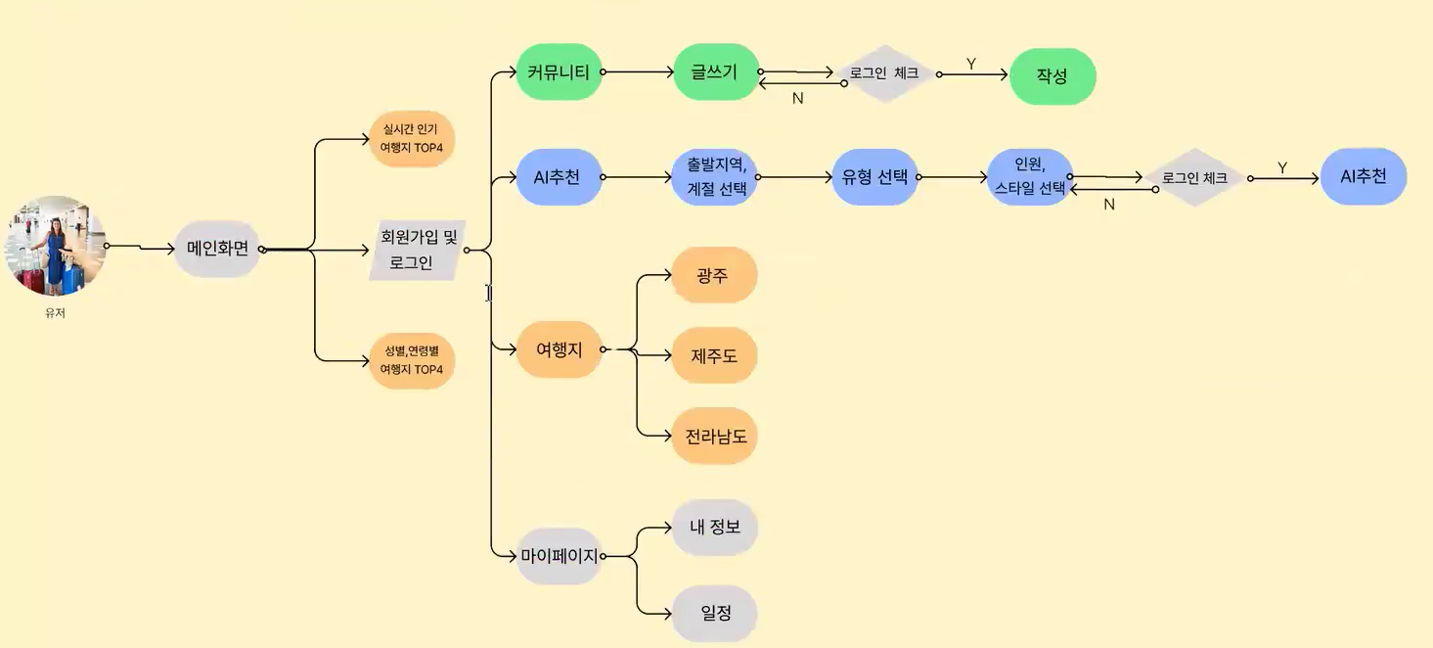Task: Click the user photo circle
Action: (57, 246)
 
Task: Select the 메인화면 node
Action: (217, 249)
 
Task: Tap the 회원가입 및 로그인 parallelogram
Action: (418, 250)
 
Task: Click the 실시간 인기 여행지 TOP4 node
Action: (412, 138)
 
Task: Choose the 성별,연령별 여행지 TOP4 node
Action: (412, 360)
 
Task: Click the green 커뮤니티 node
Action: (559, 71)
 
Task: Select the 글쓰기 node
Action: (716, 71)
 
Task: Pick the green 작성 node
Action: (1052, 76)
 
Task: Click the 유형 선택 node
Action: (874, 177)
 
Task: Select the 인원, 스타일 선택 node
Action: (1030, 177)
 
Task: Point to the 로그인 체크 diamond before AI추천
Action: (1195, 178)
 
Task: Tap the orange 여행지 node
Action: (559, 348)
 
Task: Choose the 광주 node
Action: (714, 275)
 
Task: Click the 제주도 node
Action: (714, 355)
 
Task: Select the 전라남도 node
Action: (714, 436)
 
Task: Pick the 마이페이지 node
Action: (559, 556)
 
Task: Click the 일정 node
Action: (715, 614)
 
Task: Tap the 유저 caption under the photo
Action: (55, 313)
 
